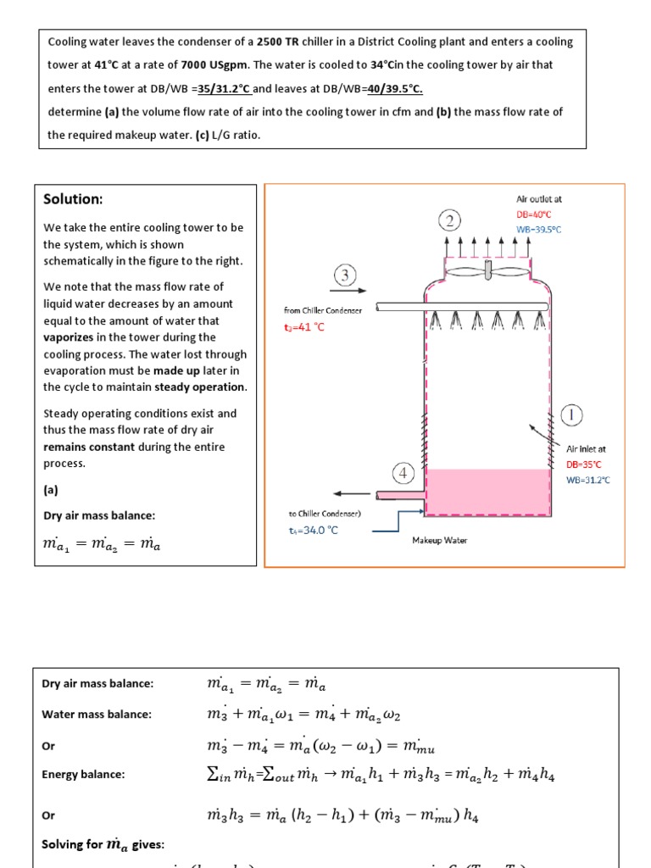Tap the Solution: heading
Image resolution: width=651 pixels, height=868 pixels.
tap(73, 199)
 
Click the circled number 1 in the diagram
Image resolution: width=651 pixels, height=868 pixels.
tap(573, 415)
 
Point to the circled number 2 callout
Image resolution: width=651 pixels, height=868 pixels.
tap(449, 220)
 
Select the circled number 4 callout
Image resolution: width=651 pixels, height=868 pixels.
tap(403, 472)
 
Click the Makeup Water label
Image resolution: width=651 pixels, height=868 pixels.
tap(439, 540)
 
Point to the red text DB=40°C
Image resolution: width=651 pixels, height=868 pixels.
tap(539, 214)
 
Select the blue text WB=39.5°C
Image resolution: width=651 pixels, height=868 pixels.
tap(539, 230)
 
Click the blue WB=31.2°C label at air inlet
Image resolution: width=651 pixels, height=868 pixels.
tap(587, 480)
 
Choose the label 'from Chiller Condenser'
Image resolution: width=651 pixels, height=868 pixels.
tap(322, 310)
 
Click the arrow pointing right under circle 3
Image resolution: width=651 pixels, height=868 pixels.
tap(344, 290)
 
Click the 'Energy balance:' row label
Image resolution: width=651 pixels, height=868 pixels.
tap(83, 774)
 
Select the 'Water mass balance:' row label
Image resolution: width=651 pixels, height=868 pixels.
tap(97, 714)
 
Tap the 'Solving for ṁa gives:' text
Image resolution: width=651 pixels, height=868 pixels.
tap(103, 844)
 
